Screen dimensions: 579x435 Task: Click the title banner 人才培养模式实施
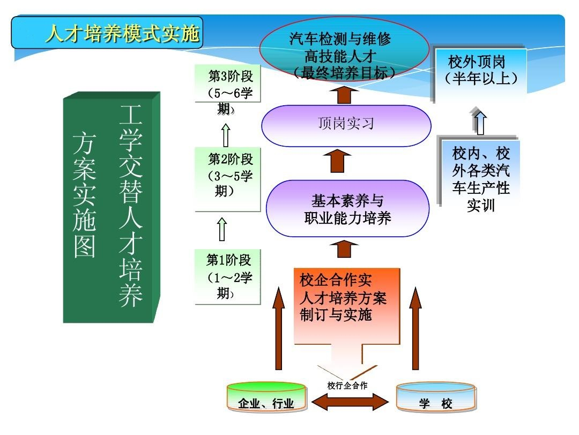pos(107,33)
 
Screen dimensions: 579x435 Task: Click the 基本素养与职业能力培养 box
pos(347,208)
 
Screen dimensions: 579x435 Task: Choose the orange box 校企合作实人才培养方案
pos(346,307)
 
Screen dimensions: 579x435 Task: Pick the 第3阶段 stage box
pos(227,84)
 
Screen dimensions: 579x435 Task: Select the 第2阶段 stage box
pos(227,179)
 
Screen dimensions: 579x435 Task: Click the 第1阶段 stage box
pos(227,277)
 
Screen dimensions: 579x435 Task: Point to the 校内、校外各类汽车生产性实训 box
pos(479,172)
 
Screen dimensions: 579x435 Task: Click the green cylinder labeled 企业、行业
pos(266,397)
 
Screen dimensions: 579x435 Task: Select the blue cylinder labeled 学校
pos(436,397)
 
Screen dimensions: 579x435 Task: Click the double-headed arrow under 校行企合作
pos(350,402)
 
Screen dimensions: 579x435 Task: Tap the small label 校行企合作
pos(347,386)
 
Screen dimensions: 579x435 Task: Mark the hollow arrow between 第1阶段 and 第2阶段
pos(222,229)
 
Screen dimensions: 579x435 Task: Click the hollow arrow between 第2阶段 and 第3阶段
pos(226,135)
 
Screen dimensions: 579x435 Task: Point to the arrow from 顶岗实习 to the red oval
pos(344,95)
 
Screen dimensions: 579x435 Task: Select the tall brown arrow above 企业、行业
pos(279,328)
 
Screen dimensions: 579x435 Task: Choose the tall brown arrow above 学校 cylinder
pos(415,328)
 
